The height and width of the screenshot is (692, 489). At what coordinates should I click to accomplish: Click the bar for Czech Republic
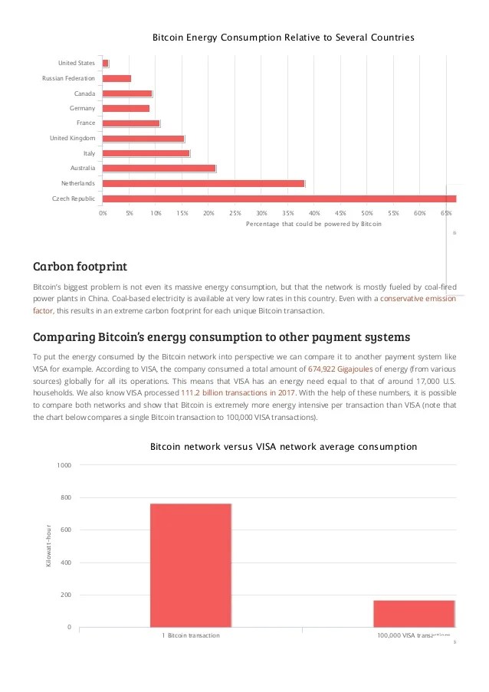coord(279,198)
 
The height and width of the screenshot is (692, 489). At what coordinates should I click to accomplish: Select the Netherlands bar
coord(203,183)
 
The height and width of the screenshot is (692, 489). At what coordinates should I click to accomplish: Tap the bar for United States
coord(106,63)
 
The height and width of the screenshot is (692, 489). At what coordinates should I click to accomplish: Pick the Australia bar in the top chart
coord(159,168)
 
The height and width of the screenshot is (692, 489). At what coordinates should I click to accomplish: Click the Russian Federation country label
coord(68,78)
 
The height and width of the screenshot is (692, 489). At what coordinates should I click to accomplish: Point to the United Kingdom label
coord(72,138)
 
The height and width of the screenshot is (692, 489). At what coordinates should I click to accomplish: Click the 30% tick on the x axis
coord(261,212)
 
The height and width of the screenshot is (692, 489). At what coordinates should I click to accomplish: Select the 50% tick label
coord(367,212)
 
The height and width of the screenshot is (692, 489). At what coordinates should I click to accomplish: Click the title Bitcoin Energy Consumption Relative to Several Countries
coord(283,36)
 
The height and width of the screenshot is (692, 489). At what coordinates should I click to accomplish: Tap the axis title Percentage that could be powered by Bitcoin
coord(313,224)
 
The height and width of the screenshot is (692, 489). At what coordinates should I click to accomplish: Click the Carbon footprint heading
coord(80,267)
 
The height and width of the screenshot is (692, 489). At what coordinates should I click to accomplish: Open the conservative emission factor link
coord(418,299)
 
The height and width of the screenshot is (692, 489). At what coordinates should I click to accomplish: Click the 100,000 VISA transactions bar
coord(414,613)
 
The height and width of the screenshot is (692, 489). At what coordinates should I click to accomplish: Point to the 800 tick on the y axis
coord(64,498)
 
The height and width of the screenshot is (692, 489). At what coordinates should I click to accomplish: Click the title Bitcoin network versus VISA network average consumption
coord(283,446)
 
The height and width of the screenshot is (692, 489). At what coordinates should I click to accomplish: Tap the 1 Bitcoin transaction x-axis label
coord(191,636)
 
